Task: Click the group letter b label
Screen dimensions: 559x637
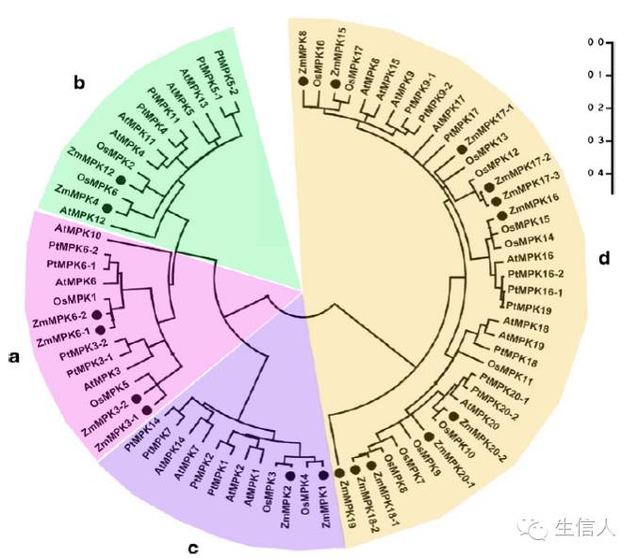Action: (80, 83)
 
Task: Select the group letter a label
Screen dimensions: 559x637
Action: (12, 357)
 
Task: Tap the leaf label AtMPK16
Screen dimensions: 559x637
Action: (530, 257)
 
